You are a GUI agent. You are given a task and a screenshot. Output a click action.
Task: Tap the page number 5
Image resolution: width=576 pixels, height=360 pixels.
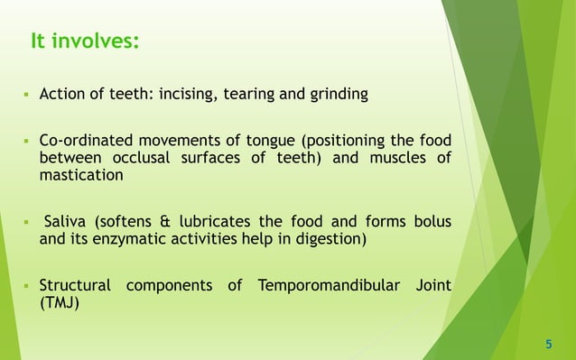(x=548, y=344)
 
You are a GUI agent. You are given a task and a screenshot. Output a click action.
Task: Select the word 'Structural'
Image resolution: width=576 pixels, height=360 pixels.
(x=75, y=287)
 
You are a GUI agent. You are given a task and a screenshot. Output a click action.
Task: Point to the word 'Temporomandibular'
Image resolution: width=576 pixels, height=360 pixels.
(x=323, y=287)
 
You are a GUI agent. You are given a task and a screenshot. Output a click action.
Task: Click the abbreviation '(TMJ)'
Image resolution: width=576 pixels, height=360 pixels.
(x=60, y=304)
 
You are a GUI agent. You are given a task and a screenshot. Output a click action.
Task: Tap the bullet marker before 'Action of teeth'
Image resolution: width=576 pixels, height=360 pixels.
(x=27, y=94)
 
